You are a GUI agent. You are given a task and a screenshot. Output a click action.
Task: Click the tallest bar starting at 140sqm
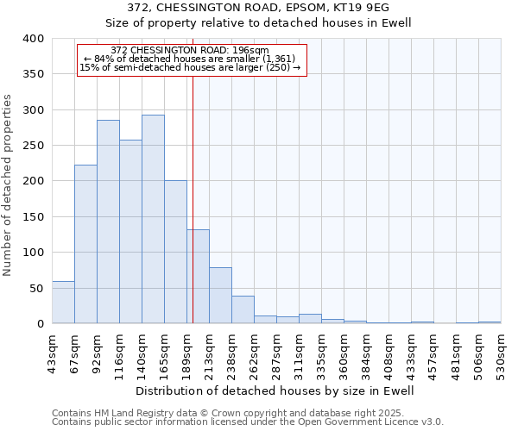click(153, 220)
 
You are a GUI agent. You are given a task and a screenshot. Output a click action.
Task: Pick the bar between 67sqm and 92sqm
click(85, 245)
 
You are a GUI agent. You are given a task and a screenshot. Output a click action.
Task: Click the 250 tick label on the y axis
click(34, 146)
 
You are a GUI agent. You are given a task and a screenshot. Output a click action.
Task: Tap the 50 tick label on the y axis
click(37, 289)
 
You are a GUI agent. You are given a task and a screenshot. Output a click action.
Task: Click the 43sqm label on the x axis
click(53, 352)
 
